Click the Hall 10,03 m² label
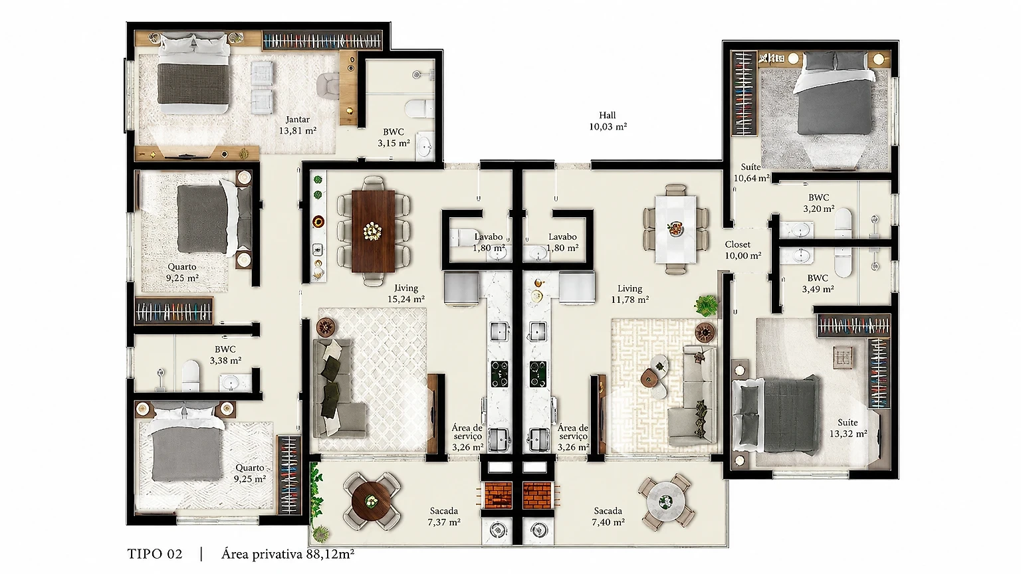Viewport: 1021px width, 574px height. [608, 121]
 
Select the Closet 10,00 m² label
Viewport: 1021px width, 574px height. [743, 250]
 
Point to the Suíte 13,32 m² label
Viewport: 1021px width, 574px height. [848, 429]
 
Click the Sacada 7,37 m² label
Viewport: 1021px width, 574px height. [443, 517]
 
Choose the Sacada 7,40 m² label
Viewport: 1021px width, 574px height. [608, 517]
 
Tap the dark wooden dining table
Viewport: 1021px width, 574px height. [373, 231]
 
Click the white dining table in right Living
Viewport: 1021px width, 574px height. [676, 229]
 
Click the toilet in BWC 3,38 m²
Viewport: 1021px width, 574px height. [191, 375]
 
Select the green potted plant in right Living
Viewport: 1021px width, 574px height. [706, 305]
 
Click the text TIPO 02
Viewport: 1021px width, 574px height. [155, 554]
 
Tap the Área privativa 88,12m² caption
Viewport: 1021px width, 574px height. [288, 554]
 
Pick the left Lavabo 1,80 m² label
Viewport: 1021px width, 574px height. [489, 242]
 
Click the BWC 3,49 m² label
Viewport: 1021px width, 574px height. [818, 284]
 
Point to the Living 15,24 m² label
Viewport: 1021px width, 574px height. [406, 294]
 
